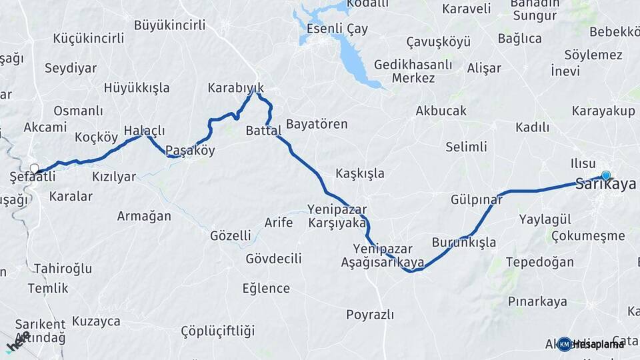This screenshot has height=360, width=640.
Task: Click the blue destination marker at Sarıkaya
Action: click(605, 175)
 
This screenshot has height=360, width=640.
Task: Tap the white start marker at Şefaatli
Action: click(34, 168)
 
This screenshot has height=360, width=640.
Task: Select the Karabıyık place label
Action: click(236, 88)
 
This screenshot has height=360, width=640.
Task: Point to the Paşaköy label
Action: click(190, 151)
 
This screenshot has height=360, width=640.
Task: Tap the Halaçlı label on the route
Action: click(144, 131)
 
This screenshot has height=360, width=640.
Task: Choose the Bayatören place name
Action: click(317, 124)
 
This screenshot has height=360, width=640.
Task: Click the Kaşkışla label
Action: click(360, 173)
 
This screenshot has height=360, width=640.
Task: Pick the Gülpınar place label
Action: click(476, 200)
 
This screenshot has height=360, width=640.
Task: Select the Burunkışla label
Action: click(464, 242)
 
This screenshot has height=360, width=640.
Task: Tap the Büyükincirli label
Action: click(169, 25)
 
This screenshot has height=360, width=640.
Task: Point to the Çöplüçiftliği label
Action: click(218, 331)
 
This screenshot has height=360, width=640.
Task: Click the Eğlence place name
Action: click(266, 289)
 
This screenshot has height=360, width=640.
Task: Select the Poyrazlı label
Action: click(370, 315)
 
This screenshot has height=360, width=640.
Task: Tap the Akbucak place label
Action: click(441, 111)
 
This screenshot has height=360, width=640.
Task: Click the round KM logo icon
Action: click(564, 344)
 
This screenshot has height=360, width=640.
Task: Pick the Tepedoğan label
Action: click(539, 262)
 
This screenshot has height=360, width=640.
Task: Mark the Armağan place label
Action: click(144, 216)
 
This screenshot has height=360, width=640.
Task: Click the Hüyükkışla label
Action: click(137, 88)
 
